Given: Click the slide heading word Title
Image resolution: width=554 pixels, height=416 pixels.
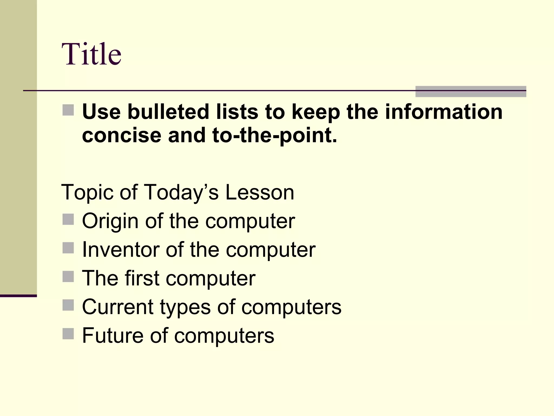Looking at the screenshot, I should pos(91,54).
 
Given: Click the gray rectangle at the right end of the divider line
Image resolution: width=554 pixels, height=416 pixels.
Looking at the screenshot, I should pos(470,92).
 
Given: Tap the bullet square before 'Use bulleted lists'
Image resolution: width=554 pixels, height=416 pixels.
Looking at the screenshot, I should pos(68,110).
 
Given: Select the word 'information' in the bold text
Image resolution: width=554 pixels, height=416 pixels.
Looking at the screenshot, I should pos(444,112).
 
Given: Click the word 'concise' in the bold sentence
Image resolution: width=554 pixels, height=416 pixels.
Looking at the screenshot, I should pos(121,135).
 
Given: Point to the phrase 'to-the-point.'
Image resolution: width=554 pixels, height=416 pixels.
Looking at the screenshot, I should pos(275,135).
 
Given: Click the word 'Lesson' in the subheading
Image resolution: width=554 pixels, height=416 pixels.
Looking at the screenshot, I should pos(259,192).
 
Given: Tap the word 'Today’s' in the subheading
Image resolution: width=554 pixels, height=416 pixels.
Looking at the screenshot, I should pos(181,192).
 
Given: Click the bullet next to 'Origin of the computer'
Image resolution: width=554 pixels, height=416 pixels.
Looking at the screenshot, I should pos(68,219).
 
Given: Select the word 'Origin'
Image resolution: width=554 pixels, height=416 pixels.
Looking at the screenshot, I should pos(110,221).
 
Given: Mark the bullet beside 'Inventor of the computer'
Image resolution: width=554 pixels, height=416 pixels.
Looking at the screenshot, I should pos(68,248).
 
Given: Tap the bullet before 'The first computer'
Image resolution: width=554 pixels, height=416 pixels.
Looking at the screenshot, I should pos(68,277).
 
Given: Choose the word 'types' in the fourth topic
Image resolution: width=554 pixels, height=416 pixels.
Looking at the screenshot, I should pos(185,307).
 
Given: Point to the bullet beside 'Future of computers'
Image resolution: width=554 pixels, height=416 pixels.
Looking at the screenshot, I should pos(68,334).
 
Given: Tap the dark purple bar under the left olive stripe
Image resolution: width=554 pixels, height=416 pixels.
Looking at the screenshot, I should pos(18,296).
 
